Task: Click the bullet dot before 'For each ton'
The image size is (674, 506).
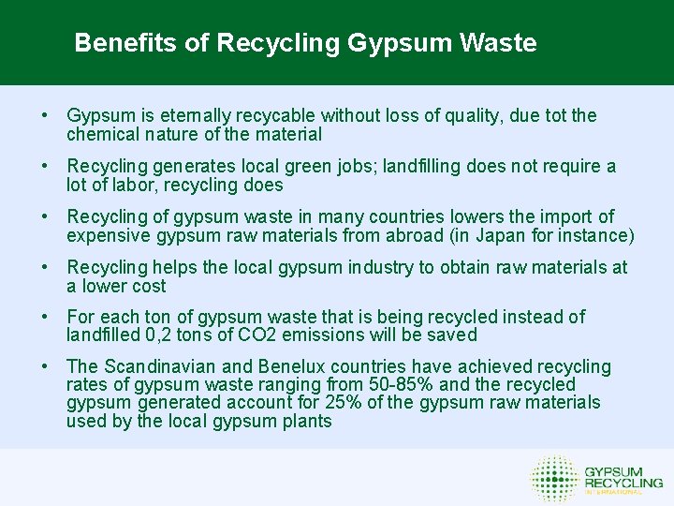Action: pos(45,318)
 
